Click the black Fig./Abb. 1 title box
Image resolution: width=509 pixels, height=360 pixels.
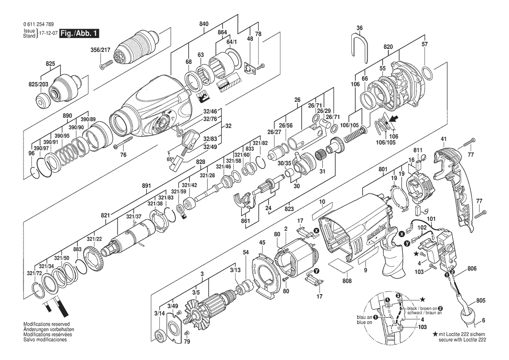79,34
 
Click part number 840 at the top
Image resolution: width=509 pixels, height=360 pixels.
204,24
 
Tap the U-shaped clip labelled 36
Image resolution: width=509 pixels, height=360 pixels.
360,48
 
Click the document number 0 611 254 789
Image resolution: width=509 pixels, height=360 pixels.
39,24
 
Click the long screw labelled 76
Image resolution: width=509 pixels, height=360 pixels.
124,143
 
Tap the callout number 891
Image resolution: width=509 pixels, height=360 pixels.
147,186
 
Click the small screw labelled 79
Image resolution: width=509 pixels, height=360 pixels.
187,333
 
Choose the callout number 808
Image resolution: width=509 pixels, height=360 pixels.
347,281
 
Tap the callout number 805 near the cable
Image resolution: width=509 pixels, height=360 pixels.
481,301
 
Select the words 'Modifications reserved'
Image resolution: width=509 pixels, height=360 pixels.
47,324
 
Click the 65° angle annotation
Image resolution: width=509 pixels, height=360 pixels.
170,159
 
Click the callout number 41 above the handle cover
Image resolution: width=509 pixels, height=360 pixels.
443,139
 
